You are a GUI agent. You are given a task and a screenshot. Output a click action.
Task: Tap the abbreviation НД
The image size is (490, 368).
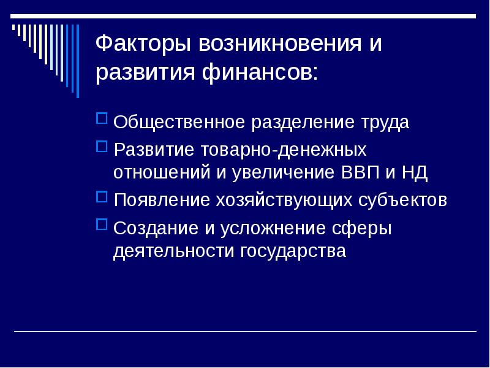coord(414,172)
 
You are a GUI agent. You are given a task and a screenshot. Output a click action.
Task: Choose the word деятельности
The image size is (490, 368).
coord(173,251)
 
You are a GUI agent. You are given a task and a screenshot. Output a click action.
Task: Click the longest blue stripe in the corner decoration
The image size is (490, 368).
coord(77,61)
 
